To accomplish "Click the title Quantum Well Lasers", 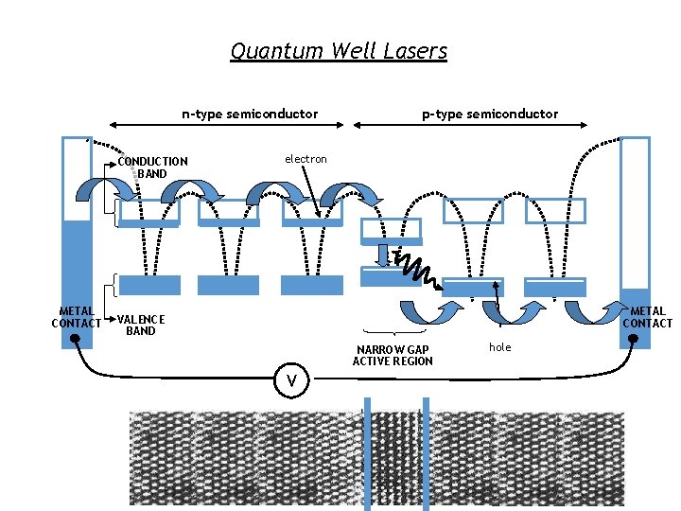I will tap(339, 51).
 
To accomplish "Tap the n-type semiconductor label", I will tap(250, 114).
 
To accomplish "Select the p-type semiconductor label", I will tap(490, 114).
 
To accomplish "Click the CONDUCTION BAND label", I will tap(152, 167).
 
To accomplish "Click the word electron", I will tap(306, 159).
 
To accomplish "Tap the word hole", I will tap(499, 347).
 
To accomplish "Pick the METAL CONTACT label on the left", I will tap(76, 317).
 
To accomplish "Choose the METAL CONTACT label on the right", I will tap(647, 317).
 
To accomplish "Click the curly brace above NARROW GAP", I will tap(393, 333).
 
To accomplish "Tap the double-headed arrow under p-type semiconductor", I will tap(470, 125).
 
